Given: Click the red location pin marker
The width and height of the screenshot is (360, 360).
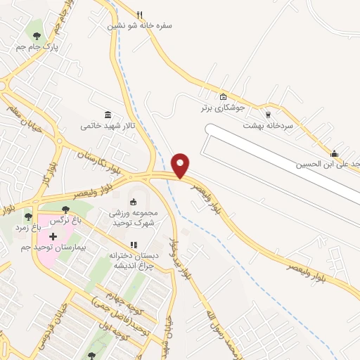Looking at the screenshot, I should pyautogui.click(x=181, y=165).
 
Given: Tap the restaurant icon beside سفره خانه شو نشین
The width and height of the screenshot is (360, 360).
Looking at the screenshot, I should pyautogui.click(x=140, y=15).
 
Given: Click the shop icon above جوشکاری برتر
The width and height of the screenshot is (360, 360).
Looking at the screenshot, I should pyautogui.click(x=223, y=97).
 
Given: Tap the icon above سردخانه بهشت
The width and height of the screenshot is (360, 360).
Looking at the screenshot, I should pyautogui.click(x=267, y=114).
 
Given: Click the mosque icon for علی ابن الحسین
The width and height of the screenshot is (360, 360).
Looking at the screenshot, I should pyautogui.click(x=334, y=154).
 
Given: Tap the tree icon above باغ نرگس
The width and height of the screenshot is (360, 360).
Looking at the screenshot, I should pyautogui.click(x=65, y=209).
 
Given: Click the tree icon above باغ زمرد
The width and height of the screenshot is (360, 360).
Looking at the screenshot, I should pyautogui.click(x=28, y=216).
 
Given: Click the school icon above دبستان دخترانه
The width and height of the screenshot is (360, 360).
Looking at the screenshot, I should pyautogui.click(x=134, y=245).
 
